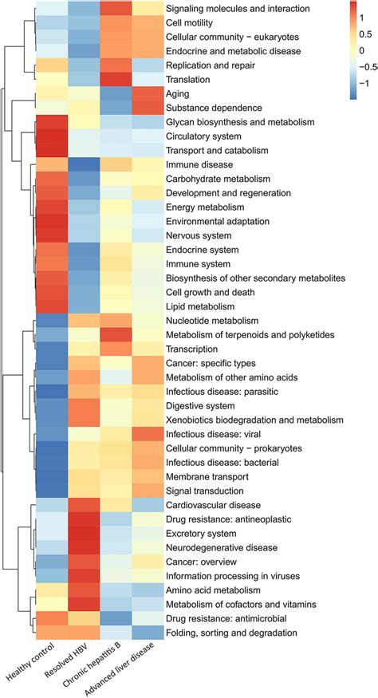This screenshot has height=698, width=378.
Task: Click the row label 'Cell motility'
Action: coord(193,22)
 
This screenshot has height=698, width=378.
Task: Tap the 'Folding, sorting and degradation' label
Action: coord(231,633)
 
